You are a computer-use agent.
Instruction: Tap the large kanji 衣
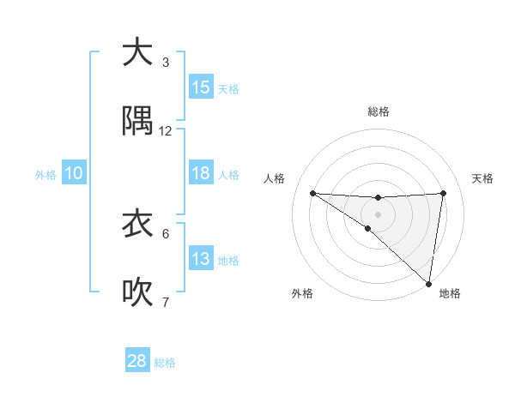click(x=137, y=224)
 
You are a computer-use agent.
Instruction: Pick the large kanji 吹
click(x=137, y=292)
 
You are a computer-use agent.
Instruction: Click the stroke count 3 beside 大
click(x=166, y=63)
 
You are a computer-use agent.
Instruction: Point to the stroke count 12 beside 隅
click(x=166, y=131)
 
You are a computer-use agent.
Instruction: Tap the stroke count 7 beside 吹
click(x=166, y=302)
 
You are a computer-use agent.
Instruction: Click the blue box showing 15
click(x=201, y=87)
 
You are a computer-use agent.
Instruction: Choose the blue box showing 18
click(x=201, y=173)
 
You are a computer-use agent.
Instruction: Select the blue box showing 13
click(x=201, y=259)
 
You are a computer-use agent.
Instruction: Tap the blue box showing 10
click(x=74, y=173)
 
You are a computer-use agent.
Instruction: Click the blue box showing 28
click(x=137, y=361)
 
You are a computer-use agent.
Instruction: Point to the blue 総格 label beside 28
click(x=166, y=363)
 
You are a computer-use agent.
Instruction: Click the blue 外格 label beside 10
click(x=45, y=175)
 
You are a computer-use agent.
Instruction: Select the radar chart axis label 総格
click(x=379, y=111)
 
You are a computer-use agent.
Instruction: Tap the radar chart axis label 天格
click(x=483, y=178)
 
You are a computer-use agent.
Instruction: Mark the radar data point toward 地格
click(x=429, y=284)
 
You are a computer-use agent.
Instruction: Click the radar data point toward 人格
click(x=312, y=193)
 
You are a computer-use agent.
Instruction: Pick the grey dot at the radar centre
click(x=378, y=214)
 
